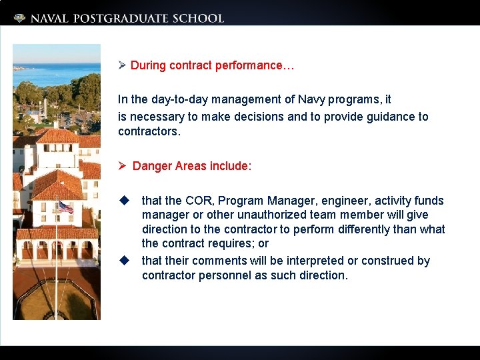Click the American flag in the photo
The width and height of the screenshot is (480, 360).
click(65, 207)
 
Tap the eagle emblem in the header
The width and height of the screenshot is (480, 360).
click(20, 19)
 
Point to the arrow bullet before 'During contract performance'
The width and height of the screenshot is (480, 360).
click(122, 65)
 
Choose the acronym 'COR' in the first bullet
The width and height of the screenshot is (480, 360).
click(199, 201)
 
